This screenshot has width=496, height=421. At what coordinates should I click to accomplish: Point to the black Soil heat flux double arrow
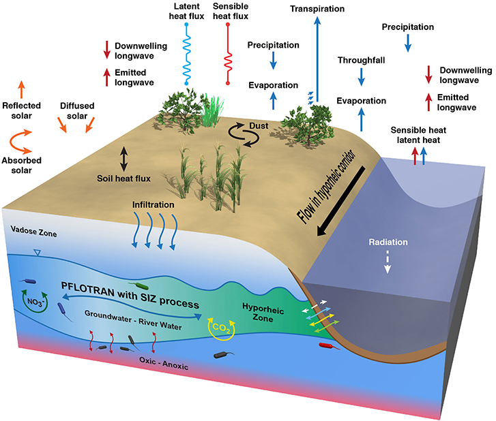123,158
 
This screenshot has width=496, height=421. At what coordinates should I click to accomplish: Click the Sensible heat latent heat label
418,134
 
